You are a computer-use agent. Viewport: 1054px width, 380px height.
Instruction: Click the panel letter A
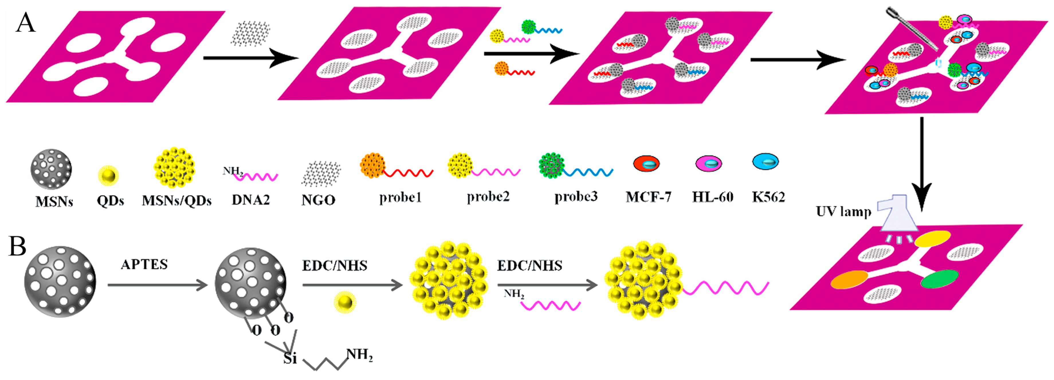coord(25,23)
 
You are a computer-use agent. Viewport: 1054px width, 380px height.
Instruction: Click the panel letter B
coord(17,247)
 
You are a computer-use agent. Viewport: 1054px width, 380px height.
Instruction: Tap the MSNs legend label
coord(54,201)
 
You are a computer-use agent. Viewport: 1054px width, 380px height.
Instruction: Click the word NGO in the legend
coord(318,200)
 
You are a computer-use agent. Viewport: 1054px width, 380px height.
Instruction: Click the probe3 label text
coord(576,197)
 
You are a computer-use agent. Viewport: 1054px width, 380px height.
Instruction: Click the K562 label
coord(768,197)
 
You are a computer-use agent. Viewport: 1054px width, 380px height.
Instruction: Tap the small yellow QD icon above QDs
coord(108,176)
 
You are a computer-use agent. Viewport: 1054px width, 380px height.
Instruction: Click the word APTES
coord(144,264)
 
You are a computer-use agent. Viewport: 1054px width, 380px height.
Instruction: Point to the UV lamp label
coord(843,212)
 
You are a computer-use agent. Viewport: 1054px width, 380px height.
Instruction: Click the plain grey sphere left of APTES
coord(60,282)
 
